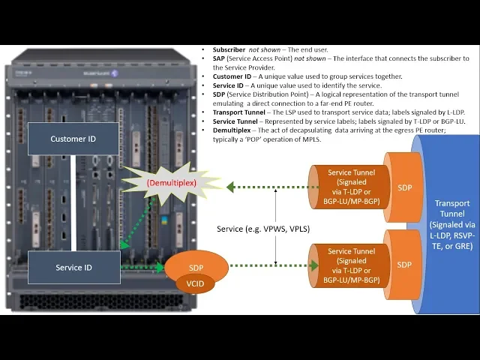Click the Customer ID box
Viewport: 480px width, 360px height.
(73, 139)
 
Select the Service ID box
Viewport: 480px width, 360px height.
(73, 267)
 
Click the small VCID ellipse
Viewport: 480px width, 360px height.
(195, 284)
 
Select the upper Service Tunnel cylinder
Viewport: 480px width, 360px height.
(351, 187)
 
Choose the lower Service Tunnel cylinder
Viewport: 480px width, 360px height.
(351, 265)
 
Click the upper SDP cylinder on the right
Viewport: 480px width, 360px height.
(404, 187)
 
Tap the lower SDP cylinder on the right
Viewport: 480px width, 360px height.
(404, 264)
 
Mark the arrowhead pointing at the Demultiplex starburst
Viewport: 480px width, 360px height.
(231, 187)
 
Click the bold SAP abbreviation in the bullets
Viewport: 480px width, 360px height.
(220, 58)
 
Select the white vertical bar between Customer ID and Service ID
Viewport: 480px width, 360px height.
(74, 203)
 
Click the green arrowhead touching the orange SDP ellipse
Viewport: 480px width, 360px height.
(160, 265)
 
